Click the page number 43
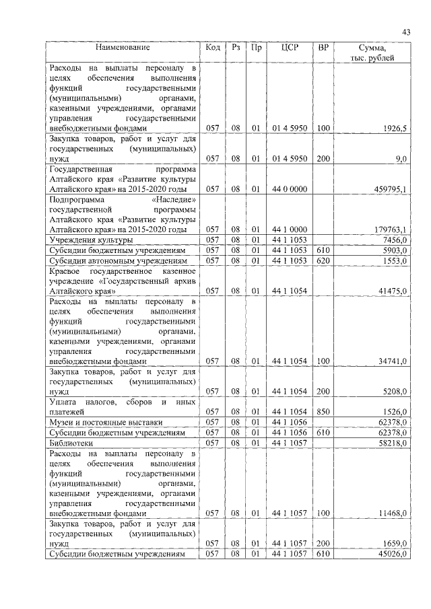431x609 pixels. point(406,32)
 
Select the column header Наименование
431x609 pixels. point(123,48)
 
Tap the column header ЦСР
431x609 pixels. point(290,48)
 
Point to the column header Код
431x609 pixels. point(213,48)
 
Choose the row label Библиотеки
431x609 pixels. point(70,445)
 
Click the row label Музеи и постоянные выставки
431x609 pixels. point(101,422)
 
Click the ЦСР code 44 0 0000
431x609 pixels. point(290,190)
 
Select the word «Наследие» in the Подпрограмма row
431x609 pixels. point(174,200)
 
